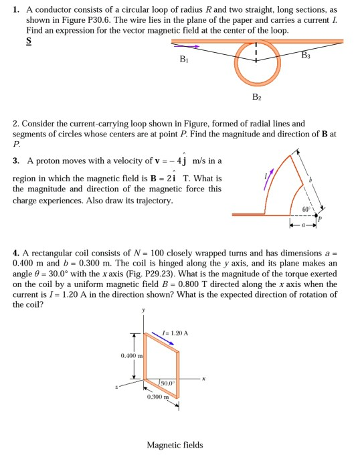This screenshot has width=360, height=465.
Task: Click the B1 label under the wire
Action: click(183, 60)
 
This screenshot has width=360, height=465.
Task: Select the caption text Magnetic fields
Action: click(175, 445)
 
